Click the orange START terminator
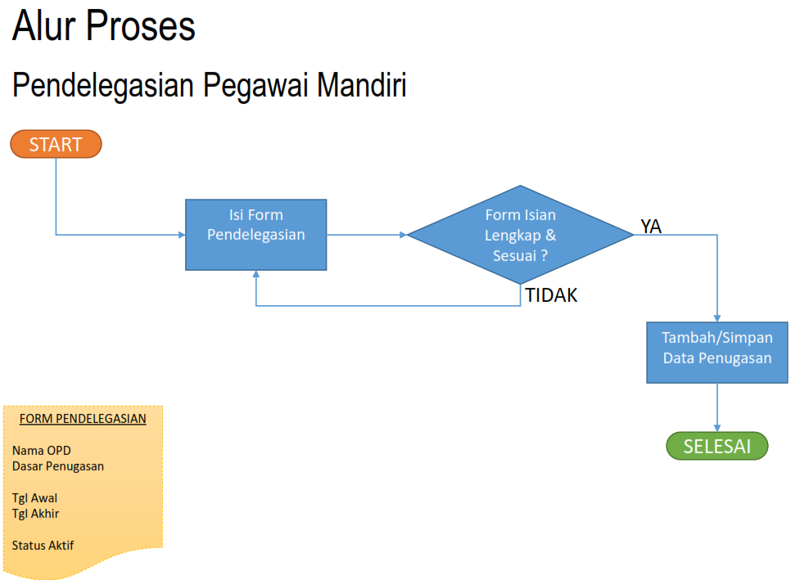pos(56,145)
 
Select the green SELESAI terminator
pos(716,447)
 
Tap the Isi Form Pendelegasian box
pos(256,235)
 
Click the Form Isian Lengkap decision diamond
pos(520,235)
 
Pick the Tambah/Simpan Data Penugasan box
pos(717,353)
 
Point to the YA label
pos(651,227)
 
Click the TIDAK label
pos(551,296)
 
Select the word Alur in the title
pos(43,26)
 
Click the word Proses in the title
pos(140,26)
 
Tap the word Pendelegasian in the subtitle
pos(103,86)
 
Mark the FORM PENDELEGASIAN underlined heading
pos(83,419)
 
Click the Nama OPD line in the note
pos(42,451)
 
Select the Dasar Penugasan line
pos(58,466)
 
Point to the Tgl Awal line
pos(35,498)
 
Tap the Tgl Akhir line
pos(36,514)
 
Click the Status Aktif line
pos(43,546)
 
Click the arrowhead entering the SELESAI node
pos(717,427)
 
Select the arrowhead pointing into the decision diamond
pos(403,235)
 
